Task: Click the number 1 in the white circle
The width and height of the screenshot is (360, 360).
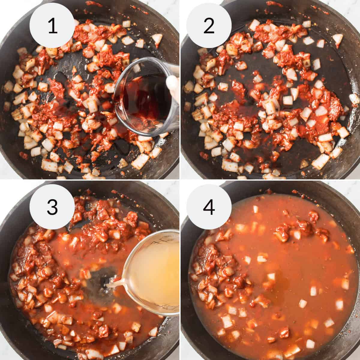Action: [x=52, y=26]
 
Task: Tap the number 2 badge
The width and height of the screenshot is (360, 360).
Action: [x=209, y=26]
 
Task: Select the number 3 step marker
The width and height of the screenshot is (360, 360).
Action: [x=52, y=207]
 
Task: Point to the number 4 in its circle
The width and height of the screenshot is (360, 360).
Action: [x=209, y=207]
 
